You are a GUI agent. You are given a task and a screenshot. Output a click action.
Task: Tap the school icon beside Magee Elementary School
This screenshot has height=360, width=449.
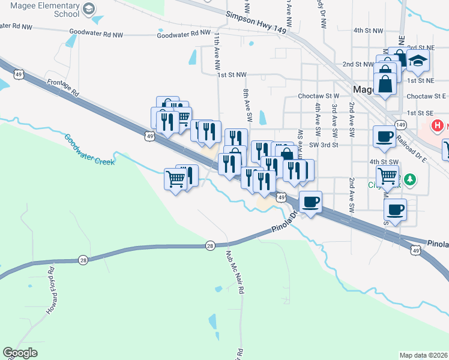[88, 8]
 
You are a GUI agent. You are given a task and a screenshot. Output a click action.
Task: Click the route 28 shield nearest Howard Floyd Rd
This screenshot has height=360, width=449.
[83, 260]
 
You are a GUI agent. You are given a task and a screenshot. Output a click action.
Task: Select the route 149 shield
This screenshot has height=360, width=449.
[401, 125]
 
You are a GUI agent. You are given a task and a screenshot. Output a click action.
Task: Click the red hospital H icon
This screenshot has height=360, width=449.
[438, 126]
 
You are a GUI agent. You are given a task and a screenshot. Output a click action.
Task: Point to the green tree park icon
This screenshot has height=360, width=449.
[410, 179]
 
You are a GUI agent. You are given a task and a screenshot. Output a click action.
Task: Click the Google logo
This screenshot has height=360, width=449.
[20, 353]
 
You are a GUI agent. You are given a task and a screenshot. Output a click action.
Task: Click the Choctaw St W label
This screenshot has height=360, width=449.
[319, 96]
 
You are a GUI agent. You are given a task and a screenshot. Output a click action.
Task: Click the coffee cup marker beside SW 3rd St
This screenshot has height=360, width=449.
[384, 136]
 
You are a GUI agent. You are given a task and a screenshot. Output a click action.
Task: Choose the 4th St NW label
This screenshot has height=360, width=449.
[368, 30]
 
